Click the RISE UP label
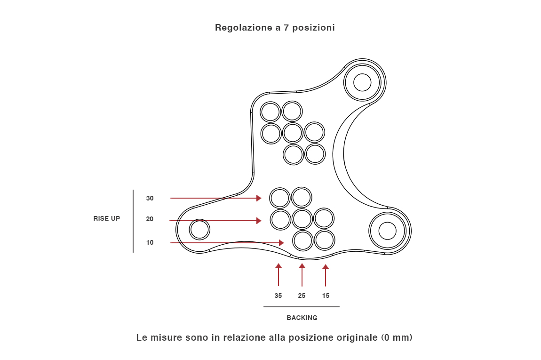point(107,218)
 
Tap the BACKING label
point(302,318)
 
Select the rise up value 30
point(150,198)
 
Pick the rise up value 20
point(150,219)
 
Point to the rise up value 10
point(150,243)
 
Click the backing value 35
point(278,296)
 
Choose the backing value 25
point(302,296)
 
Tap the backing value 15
point(326,296)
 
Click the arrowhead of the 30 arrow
point(259,198)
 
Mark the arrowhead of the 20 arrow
point(259,221)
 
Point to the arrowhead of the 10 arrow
point(281,243)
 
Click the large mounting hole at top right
point(362,82)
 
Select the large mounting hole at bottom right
point(387,231)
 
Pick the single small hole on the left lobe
point(199,230)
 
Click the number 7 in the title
point(286,27)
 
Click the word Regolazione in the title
point(243,27)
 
